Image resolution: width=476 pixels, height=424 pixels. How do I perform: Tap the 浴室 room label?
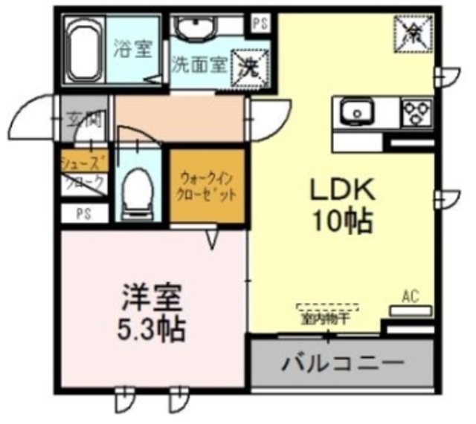tap(133, 50)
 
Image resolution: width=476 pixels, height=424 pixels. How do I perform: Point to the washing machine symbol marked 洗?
tap(247, 66)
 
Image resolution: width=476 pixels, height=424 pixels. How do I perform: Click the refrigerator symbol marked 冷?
tap(411, 30)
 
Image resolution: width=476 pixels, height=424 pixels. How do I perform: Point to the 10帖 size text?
tap(341, 221)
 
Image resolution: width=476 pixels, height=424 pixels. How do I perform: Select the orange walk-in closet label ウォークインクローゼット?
tap(208, 185)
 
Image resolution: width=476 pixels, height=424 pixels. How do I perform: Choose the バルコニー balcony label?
tap(343, 363)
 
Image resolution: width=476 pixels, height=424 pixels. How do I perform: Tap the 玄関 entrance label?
tap(83, 119)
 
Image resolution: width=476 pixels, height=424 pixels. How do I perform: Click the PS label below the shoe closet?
tap(83, 214)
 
